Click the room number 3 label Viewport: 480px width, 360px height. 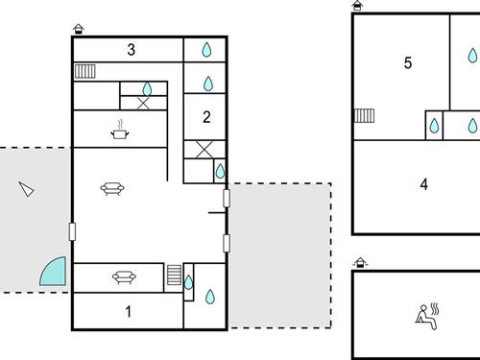pyautogui.click(x=132, y=50)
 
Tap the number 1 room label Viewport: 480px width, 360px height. pyautogui.click(x=129, y=310)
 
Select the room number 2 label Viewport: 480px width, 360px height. pyautogui.click(x=205, y=117)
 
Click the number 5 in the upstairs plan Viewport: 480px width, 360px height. pyautogui.click(x=408, y=63)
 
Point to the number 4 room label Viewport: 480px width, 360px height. pyautogui.click(x=423, y=184)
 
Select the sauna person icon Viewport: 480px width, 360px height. pyautogui.click(x=425, y=316)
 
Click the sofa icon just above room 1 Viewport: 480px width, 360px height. pyautogui.click(x=123, y=277)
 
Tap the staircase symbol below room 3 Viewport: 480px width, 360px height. pyautogui.click(x=85, y=70)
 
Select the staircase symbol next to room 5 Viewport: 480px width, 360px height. pyautogui.click(x=364, y=116)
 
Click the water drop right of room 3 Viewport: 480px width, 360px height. pyautogui.click(x=206, y=50)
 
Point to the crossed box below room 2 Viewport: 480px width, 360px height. pyautogui.click(x=204, y=149)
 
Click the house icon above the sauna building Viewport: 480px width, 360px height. pyautogui.click(x=359, y=261)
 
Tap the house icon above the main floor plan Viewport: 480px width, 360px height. pyautogui.click(x=78, y=29)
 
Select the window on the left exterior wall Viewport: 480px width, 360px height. pyautogui.click(x=72, y=231)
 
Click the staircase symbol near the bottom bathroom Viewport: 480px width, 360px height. pyautogui.click(x=174, y=276)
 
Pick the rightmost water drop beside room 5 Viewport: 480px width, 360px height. pyautogui.click(x=472, y=125)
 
